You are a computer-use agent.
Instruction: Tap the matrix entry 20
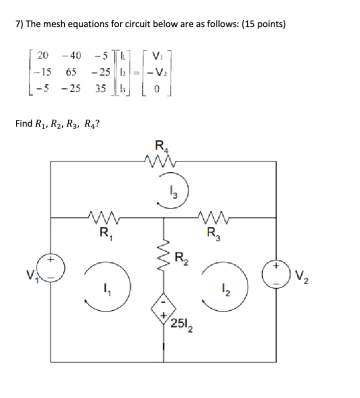44,55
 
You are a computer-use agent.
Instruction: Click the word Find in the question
23,123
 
